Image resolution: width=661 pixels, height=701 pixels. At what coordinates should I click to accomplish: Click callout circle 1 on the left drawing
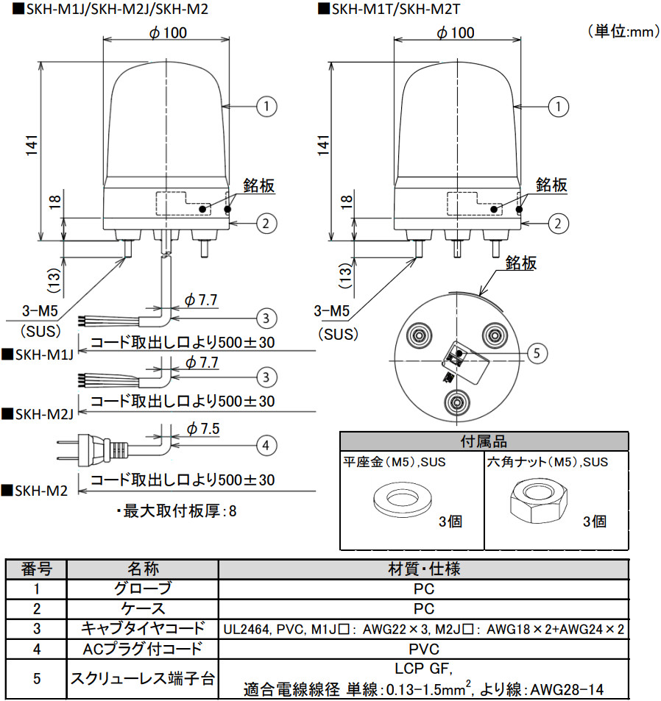266,106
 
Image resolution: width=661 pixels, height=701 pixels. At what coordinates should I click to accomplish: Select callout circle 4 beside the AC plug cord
266,444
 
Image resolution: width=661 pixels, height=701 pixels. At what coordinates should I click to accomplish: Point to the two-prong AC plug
74,445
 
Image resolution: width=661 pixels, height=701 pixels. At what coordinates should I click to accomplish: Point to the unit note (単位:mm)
622,31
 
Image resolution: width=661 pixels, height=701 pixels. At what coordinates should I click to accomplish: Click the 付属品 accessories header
484,441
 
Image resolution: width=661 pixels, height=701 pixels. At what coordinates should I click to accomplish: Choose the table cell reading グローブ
142,588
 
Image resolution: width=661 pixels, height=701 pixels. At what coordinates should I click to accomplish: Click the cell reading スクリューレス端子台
142,678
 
